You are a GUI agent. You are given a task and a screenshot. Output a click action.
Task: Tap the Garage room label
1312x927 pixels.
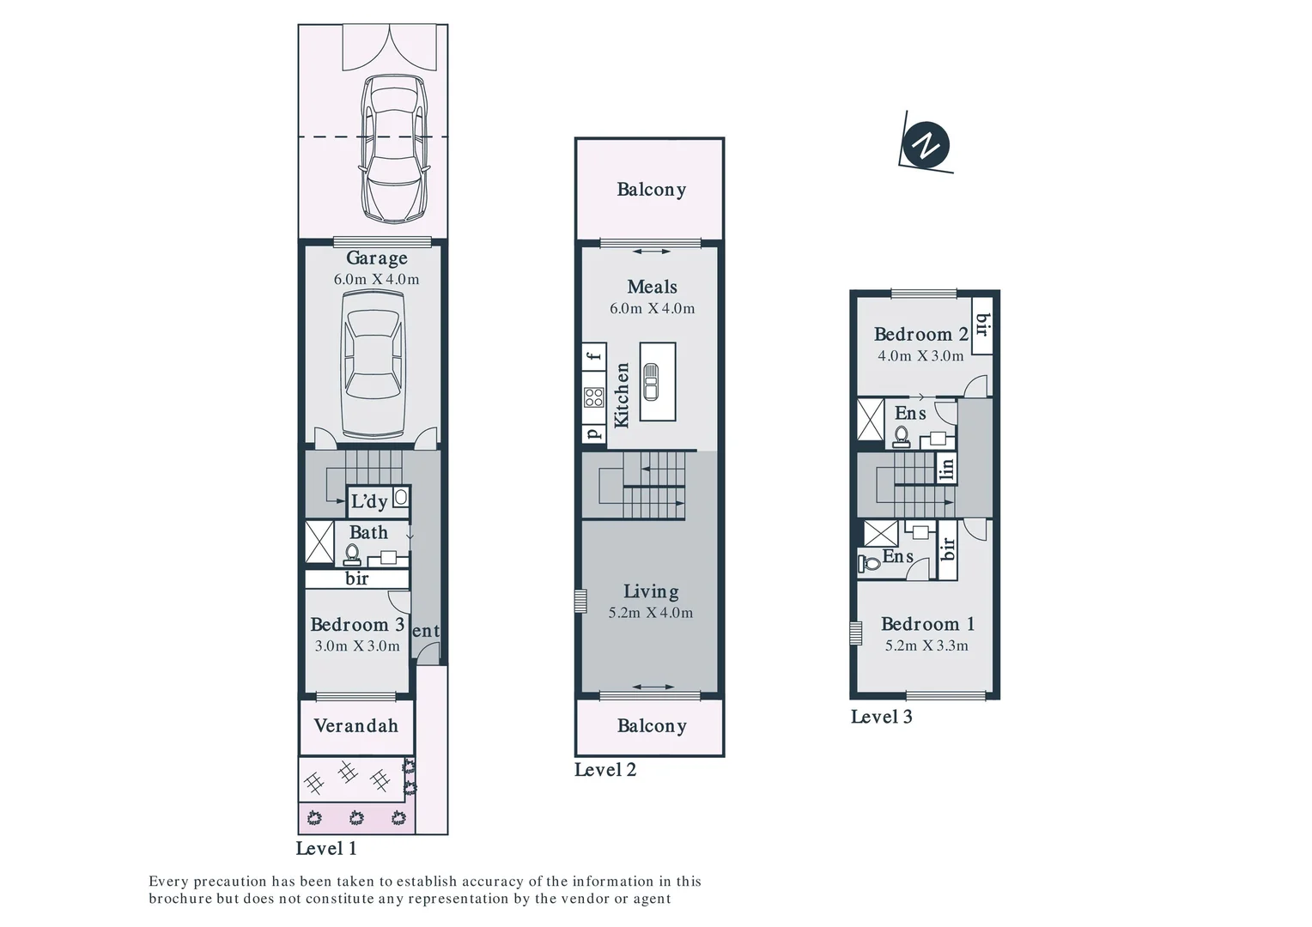tap(376, 257)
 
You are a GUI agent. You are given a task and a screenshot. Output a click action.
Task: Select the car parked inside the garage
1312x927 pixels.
tap(373, 363)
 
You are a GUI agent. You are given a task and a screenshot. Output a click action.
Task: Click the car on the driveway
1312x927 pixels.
tap(393, 148)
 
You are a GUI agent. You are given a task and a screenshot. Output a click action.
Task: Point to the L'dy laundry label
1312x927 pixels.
tap(369, 501)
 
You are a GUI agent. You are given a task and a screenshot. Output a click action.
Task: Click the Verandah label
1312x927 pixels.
tap(355, 726)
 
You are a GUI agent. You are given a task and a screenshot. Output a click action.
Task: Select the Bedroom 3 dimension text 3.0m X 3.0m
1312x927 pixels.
tap(357, 646)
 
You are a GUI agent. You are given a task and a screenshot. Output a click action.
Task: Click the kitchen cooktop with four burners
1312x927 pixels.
tap(593, 397)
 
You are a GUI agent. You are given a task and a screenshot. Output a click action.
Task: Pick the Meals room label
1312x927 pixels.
tap(652, 287)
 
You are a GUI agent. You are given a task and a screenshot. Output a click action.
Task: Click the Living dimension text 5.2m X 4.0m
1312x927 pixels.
tap(650, 613)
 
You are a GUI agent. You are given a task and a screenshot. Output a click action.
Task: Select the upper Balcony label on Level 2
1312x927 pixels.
tap(651, 190)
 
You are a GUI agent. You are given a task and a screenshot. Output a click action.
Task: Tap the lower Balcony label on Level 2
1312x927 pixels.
tap(651, 726)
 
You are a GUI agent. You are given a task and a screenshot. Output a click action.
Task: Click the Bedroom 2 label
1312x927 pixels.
tap(920, 335)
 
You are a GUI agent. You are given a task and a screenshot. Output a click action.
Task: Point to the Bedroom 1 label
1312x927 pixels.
tap(927, 624)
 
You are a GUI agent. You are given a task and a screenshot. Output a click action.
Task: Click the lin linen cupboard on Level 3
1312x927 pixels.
tap(946, 469)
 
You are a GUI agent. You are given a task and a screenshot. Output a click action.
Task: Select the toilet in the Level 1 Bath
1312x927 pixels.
tap(351, 553)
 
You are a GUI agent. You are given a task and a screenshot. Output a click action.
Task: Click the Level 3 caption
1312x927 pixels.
tap(881, 717)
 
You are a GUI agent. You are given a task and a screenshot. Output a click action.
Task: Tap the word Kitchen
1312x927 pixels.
tap(622, 395)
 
